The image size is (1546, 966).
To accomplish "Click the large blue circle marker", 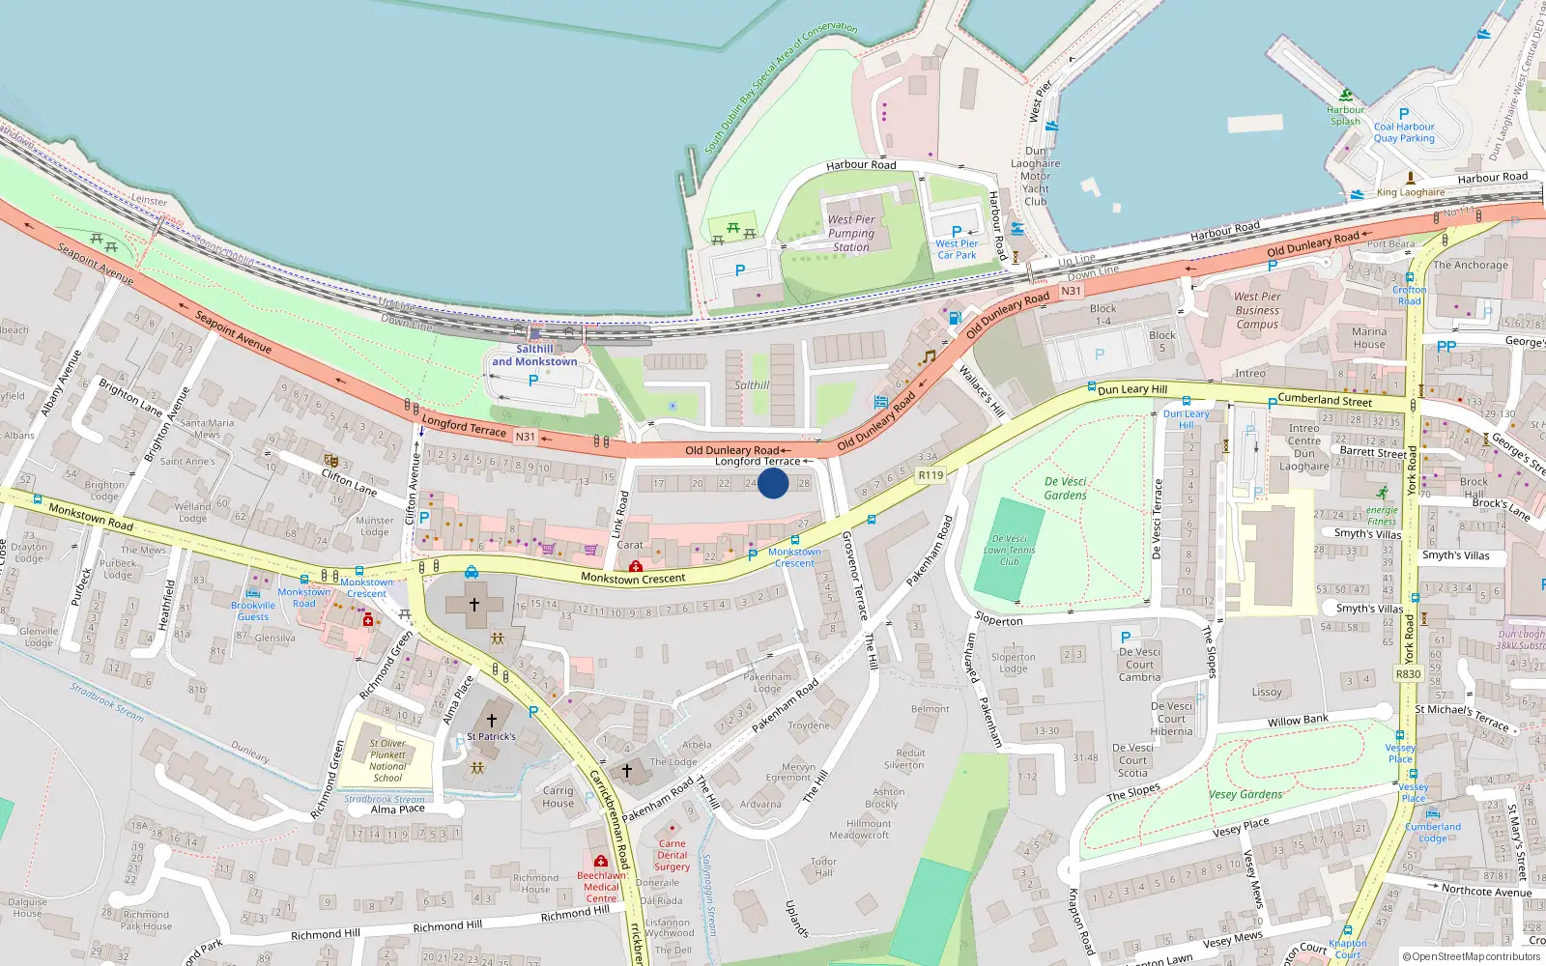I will click(773, 483).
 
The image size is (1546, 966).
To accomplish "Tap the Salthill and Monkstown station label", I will click(534, 355).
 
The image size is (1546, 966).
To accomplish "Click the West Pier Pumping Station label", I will click(851, 233).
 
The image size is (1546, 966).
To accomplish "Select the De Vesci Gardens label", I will click(1066, 488).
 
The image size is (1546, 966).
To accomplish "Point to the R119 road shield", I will click(930, 475).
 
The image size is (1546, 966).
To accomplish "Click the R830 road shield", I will click(1408, 674).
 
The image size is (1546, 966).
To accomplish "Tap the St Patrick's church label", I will click(491, 736).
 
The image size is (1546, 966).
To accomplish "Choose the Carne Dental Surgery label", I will click(673, 855).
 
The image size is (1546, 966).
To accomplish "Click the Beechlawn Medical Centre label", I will click(601, 887).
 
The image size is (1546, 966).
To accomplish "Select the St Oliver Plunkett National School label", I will click(387, 760).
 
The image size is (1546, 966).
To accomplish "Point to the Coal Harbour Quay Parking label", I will click(1404, 132).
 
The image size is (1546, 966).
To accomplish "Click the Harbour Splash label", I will click(1345, 115).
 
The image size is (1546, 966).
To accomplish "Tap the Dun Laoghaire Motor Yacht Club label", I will click(1035, 176).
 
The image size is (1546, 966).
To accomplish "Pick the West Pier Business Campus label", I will click(1257, 310).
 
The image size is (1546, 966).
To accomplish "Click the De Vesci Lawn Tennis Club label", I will click(1010, 550).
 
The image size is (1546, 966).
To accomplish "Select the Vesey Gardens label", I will click(1245, 794).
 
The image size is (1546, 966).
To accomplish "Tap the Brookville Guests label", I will click(253, 611).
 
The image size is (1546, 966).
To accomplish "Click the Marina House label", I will click(1369, 337).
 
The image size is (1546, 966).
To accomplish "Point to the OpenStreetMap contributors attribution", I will click(1472, 956).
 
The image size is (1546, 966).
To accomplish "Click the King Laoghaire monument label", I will click(1411, 192).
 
